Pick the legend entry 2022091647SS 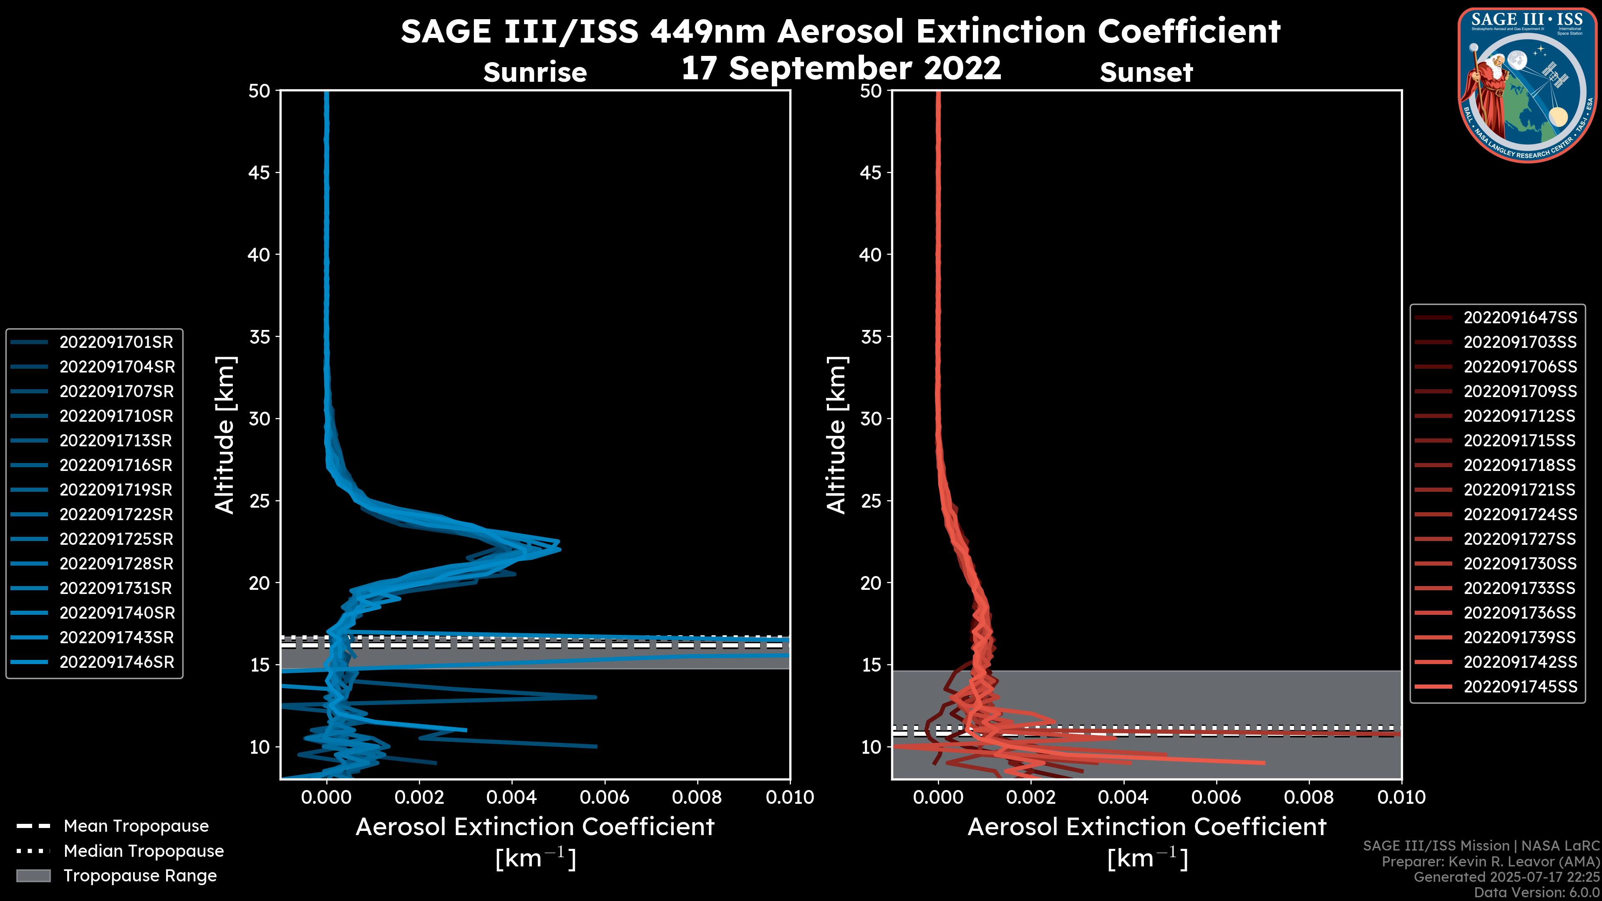[1520, 318]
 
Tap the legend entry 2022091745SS [1520, 687]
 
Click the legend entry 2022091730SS [1520, 564]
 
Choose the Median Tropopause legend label [144, 851]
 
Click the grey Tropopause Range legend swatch [33, 876]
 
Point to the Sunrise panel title [535, 73]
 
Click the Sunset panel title [1146, 73]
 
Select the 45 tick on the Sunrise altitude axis [259, 173]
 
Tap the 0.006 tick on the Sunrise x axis [603, 797]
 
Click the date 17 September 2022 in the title [841, 68]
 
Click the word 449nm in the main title [708, 32]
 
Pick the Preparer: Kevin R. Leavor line [1490, 862]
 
